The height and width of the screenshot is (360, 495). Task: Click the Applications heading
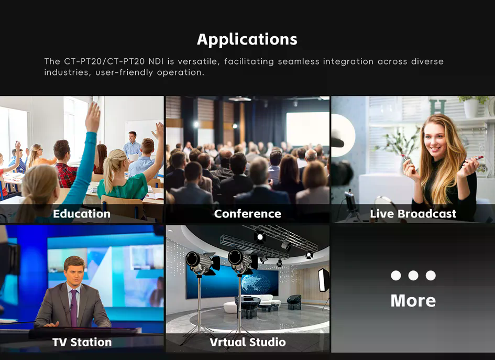[247, 40]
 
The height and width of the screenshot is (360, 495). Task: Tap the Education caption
[82, 214]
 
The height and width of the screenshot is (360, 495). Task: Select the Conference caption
[247, 214]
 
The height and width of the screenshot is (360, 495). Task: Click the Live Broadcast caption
[413, 214]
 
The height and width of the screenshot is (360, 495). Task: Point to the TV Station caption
[82, 342]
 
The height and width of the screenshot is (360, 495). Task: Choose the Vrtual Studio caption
[247, 342]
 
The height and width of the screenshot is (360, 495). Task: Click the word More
[413, 301]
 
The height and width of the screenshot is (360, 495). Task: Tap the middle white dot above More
[413, 275]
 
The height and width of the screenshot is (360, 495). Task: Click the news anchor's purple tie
[73, 308]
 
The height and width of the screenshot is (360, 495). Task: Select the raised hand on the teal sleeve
[93, 117]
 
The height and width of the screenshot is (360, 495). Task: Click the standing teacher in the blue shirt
[132, 145]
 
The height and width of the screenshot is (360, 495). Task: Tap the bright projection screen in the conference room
[308, 128]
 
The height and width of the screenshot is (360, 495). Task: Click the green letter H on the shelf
[438, 107]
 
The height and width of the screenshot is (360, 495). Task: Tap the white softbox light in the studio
[323, 280]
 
